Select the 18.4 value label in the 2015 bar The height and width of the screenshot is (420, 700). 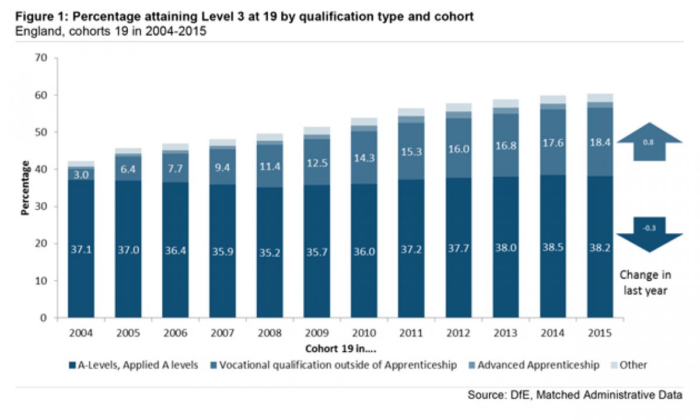click(x=600, y=142)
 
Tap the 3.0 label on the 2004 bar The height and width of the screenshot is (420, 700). click(x=81, y=174)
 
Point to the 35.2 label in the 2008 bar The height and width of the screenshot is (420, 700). click(x=269, y=254)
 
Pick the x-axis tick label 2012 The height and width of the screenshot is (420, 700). click(x=458, y=334)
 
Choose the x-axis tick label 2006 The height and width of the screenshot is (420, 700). click(x=176, y=334)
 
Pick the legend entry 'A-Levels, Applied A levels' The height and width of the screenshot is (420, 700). click(x=134, y=365)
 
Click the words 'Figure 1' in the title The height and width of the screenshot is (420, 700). click(x=38, y=17)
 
